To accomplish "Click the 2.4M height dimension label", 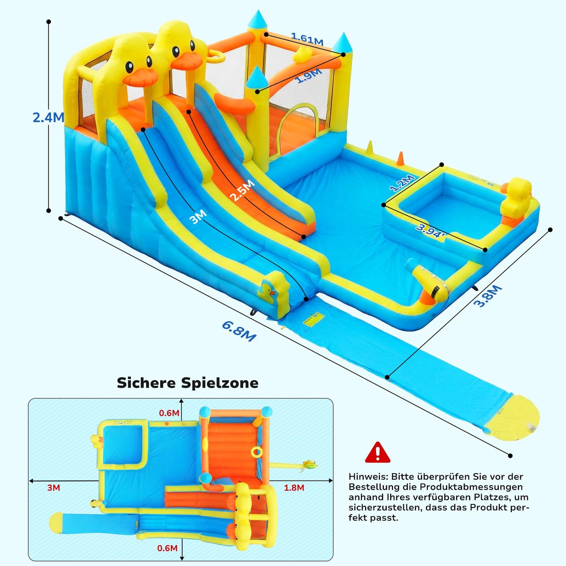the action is (49, 118).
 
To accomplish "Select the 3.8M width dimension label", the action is (488, 296).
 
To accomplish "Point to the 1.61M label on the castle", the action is (307, 39).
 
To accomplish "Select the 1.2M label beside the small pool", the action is (402, 183).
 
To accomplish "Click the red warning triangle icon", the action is (378, 452).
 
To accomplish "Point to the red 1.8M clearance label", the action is (294, 488).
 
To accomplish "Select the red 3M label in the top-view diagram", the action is (53, 488).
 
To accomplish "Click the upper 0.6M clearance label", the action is (169, 413).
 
